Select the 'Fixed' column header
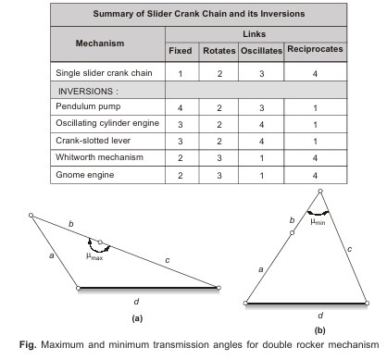coord(180,50)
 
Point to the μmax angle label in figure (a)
coord(95,254)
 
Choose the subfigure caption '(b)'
coord(319,329)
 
